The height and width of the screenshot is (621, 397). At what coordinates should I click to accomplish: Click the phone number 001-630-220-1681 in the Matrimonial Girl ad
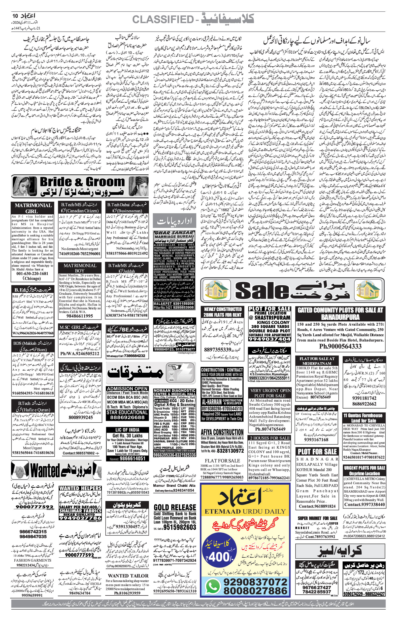tap(32, 273)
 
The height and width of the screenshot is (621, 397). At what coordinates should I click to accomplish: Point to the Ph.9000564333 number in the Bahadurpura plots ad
tap(340, 347)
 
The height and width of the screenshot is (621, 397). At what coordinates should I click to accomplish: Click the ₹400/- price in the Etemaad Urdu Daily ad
tap(220, 557)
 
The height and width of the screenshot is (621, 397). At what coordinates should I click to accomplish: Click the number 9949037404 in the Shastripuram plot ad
tap(269, 339)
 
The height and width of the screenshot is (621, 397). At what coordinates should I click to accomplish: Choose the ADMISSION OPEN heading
tap(127, 388)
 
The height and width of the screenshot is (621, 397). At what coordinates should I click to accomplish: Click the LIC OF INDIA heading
tap(127, 430)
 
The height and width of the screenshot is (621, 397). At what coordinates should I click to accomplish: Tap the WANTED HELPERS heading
tap(80, 488)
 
